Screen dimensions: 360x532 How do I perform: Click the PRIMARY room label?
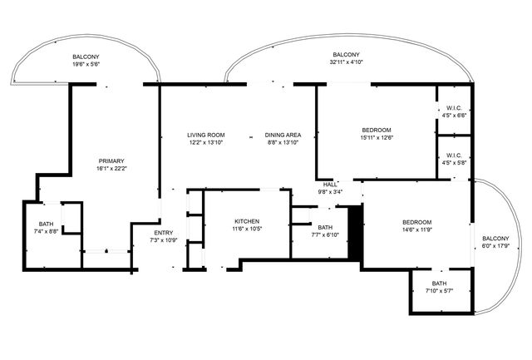(x=112, y=160)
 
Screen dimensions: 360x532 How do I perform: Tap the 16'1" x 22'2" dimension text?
(x=112, y=169)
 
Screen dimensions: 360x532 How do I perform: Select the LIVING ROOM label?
(x=205, y=135)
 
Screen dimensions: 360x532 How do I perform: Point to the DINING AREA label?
(x=283, y=135)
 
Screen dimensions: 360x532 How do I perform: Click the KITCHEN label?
(x=247, y=220)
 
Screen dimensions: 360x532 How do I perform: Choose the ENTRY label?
(x=164, y=232)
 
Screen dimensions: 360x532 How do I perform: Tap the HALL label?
(x=330, y=185)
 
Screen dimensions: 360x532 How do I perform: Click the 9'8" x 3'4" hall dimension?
(x=330, y=192)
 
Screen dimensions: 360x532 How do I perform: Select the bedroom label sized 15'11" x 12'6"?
(x=377, y=130)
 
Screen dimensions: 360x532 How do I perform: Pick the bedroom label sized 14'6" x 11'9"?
(x=417, y=222)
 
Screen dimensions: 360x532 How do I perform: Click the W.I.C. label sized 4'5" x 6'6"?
(x=454, y=108)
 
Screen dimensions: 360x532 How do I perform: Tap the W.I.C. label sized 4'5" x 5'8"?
(x=454, y=155)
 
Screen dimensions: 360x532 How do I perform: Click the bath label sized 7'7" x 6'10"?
(x=324, y=228)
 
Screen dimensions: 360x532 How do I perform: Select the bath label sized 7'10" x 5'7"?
(x=438, y=284)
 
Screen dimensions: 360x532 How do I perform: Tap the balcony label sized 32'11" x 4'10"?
(x=347, y=52)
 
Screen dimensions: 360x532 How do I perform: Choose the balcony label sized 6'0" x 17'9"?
(x=495, y=239)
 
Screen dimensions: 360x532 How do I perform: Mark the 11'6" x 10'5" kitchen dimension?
(x=247, y=229)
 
